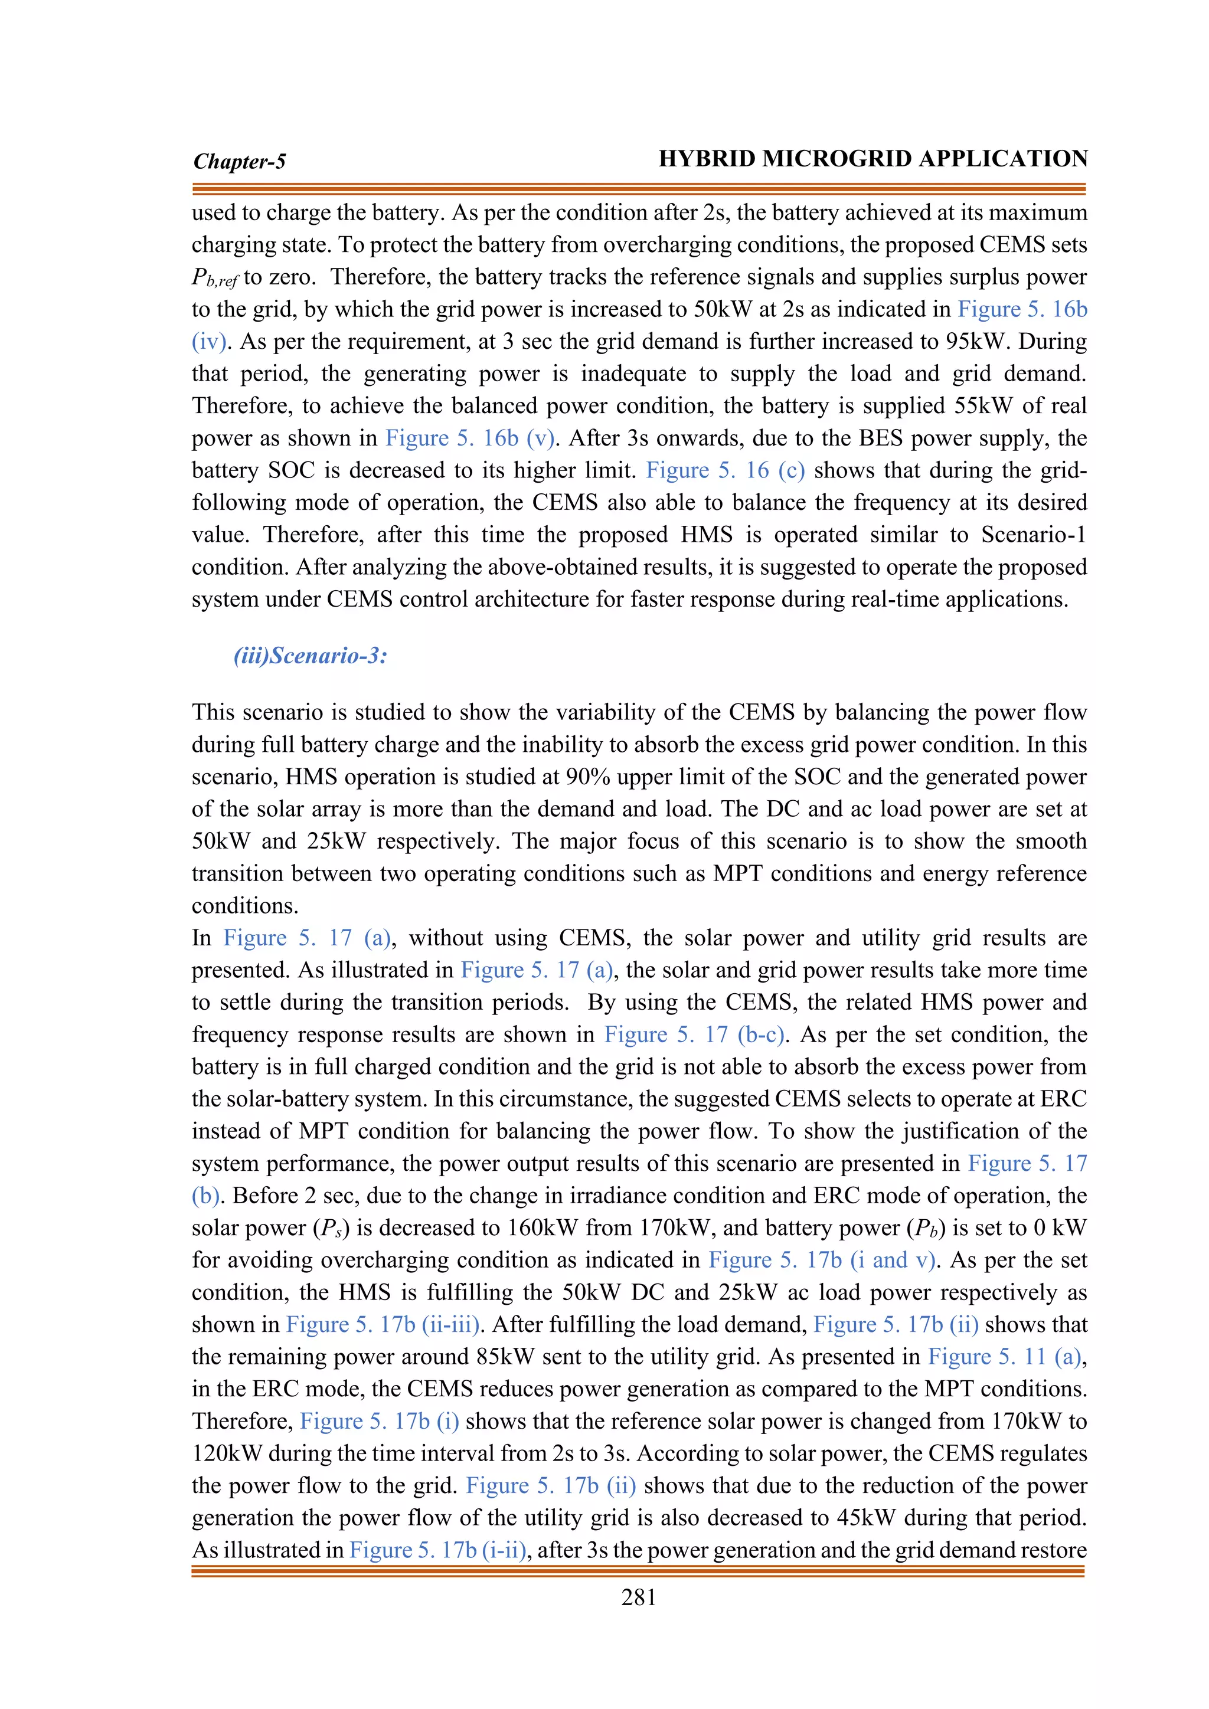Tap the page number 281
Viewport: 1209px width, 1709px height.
click(639, 1598)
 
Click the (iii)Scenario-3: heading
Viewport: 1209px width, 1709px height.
click(311, 656)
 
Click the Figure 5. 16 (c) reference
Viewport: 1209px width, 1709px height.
click(725, 470)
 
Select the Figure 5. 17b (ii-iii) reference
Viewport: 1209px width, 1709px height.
click(383, 1325)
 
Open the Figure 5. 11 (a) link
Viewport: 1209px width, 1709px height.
click(1004, 1357)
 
